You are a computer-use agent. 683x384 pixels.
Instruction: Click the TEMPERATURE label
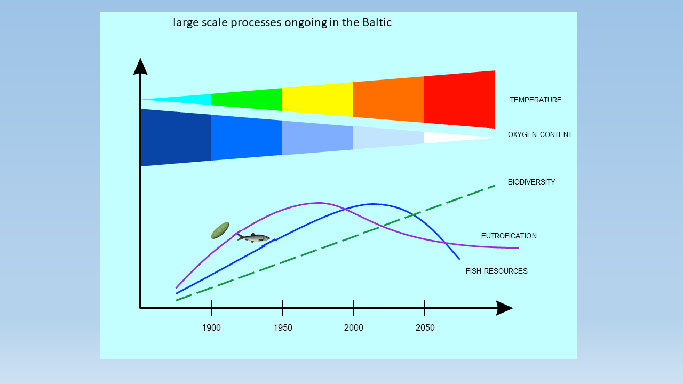[x=535, y=100]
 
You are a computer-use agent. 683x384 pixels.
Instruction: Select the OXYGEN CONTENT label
[x=539, y=135]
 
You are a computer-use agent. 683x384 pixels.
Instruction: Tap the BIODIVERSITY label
[x=531, y=182]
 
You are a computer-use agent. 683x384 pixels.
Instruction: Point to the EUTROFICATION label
[x=509, y=236]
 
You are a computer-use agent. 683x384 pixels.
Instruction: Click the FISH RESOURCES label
[x=496, y=271]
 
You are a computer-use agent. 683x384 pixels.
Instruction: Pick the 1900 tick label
[x=211, y=328]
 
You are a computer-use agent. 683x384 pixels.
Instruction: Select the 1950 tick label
[x=283, y=328]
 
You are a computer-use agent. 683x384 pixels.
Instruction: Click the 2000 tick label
[x=354, y=328]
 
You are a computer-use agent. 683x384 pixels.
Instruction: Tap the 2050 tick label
[x=425, y=328]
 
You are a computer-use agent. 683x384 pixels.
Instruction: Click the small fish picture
[x=253, y=237]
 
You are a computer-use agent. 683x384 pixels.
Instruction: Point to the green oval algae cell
[x=220, y=230]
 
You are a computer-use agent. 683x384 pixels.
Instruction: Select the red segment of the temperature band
[x=459, y=100]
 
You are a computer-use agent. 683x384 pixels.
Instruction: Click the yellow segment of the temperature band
[x=317, y=100]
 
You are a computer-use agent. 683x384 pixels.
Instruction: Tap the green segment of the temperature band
[x=247, y=100]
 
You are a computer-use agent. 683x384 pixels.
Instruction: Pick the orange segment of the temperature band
[x=389, y=100]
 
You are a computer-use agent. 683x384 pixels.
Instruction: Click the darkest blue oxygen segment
[x=176, y=138]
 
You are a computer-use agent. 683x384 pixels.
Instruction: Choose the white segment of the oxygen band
[x=451, y=138]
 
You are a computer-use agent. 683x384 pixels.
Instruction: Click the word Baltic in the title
[x=377, y=22]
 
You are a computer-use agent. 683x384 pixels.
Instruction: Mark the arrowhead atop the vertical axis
[x=140, y=67]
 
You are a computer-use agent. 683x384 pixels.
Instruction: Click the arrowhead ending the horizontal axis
[x=504, y=308]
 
